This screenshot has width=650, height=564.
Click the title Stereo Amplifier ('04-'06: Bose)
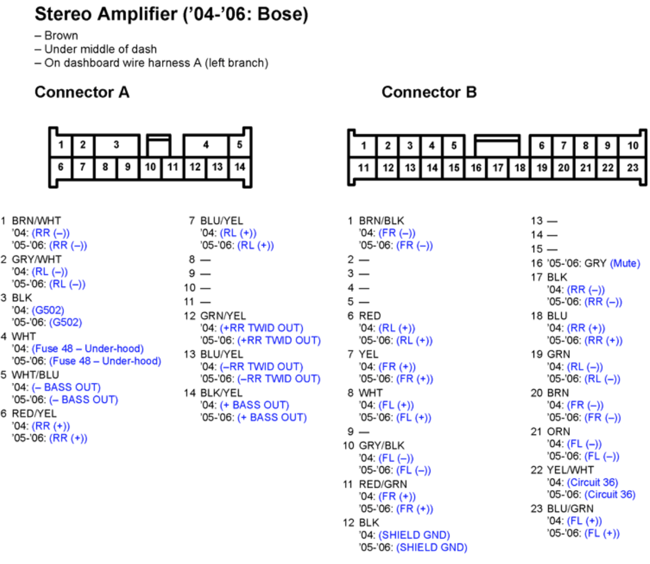pyautogui.click(x=171, y=15)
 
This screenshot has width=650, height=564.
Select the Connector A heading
pyautogui.click(x=82, y=92)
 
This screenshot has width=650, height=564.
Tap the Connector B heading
pyautogui.click(x=429, y=92)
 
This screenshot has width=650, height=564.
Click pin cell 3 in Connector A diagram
pyautogui.click(x=116, y=145)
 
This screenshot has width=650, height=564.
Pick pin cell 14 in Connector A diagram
pyautogui.click(x=239, y=167)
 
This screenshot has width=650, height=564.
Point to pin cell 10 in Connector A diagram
pyautogui.click(x=150, y=167)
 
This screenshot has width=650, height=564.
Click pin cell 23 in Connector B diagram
pyautogui.click(x=632, y=168)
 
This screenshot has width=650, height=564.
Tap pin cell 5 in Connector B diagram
pyautogui.click(x=454, y=146)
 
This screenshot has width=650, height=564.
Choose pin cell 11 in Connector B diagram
pyautogui.click(x=363, y=168)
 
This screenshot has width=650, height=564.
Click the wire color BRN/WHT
pyautogui.click(x=36, y=221)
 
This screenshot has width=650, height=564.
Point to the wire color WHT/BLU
pyautogui.click(x=35, y=375)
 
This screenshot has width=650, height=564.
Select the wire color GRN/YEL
pyautogui.click(x=223, y=316)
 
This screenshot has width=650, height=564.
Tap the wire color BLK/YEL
pyautogui.click(x=222, y=393)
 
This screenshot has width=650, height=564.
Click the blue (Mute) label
pyautogui.click(x=625, y=263)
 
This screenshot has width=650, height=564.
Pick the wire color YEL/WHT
pyautogui.click(x=570, y=470)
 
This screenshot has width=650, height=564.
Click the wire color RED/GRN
pyautogui.click(x=383, y=484)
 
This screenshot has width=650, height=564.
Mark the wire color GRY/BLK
pyautogui.click(x=381, y=446)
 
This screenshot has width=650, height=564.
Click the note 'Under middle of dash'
pyautogui.click(x=101, y=49)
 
